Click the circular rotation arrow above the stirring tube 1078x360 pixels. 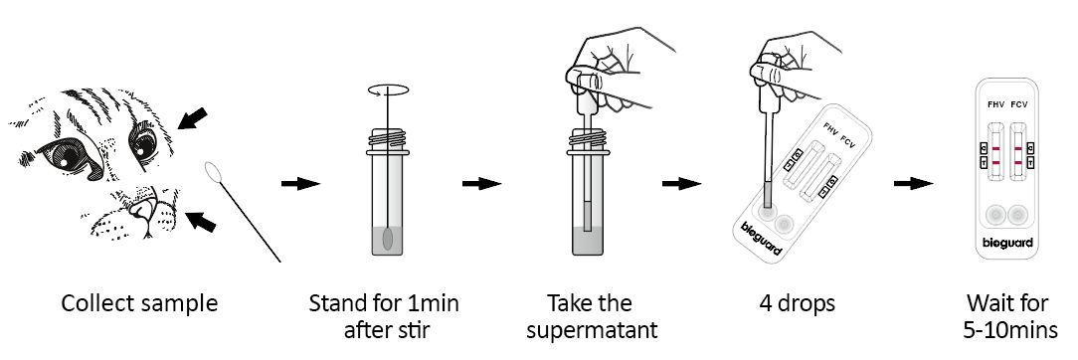pos(389,90)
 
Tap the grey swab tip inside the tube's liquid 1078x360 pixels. pos(388,239)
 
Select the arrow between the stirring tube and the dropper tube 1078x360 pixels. pos(482,183)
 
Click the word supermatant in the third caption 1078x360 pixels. pos(592,330)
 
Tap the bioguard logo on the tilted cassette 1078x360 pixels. pos(762,239)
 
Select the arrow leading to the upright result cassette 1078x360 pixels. pos(914,183)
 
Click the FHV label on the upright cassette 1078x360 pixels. pos(994,104)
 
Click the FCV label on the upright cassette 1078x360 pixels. pos(1019,104)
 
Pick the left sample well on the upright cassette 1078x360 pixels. pos(994,216)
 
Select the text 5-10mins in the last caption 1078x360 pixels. pos(1010,330)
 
